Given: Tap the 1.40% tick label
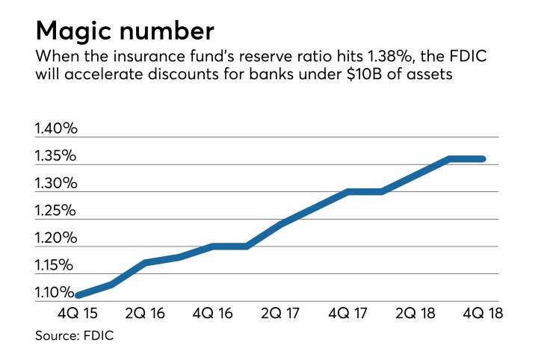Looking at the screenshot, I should tap(56, 129).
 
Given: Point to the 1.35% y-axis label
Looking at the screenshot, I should tap(56, 157).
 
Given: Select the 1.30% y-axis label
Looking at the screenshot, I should tap(56, 184).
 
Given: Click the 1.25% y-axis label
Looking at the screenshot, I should tap(56, 211).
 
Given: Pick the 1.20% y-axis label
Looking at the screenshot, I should tap(56, 239).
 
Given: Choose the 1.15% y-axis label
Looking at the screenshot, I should tap(56, 266).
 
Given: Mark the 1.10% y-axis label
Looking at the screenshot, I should tap(56, 294).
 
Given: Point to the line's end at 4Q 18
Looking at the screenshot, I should tap(482, 158).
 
